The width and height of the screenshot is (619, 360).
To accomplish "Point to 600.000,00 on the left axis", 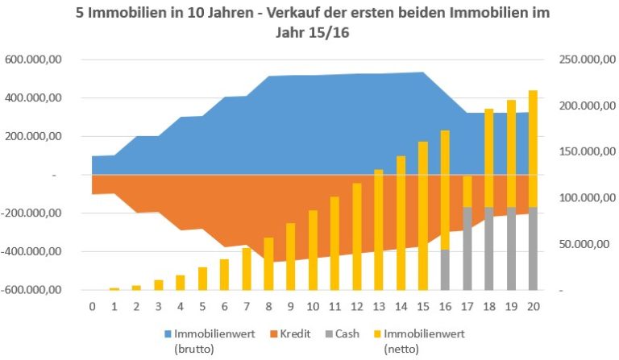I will (x=39, y=60).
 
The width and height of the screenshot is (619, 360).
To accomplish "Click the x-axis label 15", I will (x=422, y=307).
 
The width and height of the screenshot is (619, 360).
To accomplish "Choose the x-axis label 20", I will (x=533, y=307).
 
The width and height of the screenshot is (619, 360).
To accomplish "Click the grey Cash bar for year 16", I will (x=444, y=269).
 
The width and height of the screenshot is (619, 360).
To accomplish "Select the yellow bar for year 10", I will (x=313, y=250).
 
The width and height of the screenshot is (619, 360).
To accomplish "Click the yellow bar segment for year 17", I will (x=467, y=191).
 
